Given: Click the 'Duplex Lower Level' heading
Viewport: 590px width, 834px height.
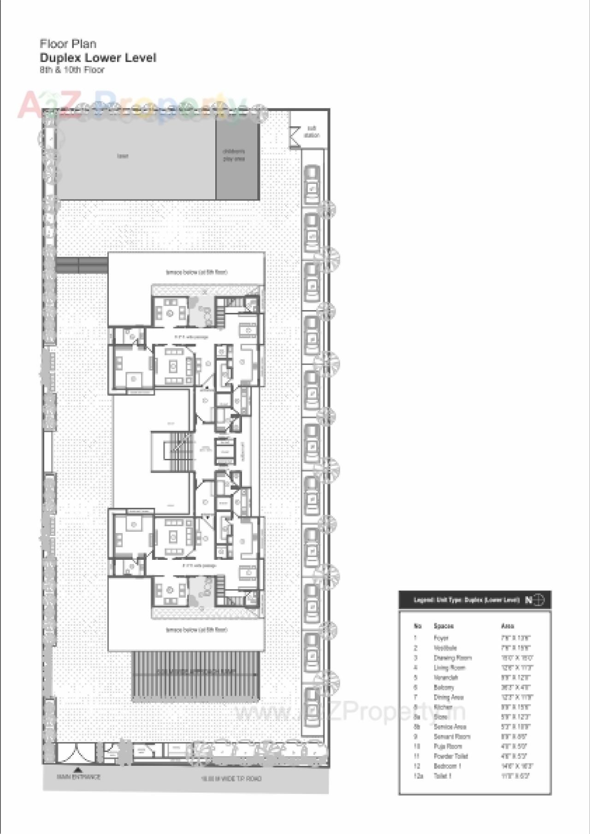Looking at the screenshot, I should pyautogui.click(x=98, y=58).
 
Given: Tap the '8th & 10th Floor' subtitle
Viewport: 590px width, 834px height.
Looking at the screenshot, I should pyautogui.click(x=72, y=70).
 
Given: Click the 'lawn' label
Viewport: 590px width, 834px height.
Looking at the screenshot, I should pyautogui.click(x=123, y=156).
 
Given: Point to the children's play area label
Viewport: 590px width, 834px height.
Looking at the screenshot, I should pyautogui.click(x=234, y=155).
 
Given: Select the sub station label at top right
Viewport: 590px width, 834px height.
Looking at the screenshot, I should pyautogui.click(x=312, y=132).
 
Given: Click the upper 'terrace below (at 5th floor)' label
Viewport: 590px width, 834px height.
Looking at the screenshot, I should pyautogui.click(x=196, y=272).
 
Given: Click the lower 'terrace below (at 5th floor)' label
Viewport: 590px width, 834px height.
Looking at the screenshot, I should pyautogui.click(x=196, y=629).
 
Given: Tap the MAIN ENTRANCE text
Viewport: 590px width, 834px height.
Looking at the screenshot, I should pyautogui.click(x=78, y=777).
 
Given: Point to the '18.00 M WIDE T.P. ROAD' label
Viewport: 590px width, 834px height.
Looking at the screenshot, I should pyautogui.click(x=231, y=778).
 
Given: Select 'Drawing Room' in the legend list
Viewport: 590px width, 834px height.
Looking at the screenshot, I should pyautogui.click(x=452, y=658).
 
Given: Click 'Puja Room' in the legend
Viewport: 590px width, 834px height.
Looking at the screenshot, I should pyautogui.click(x=448, y=746).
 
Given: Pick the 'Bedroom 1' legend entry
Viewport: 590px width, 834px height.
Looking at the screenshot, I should pyautogui.click(x=447, y=766).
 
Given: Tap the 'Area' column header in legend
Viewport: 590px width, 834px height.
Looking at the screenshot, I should pyautogui.click(x=507, y=626).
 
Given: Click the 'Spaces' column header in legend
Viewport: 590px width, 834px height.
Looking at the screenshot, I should pyautogui.click(x=443, y=626).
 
